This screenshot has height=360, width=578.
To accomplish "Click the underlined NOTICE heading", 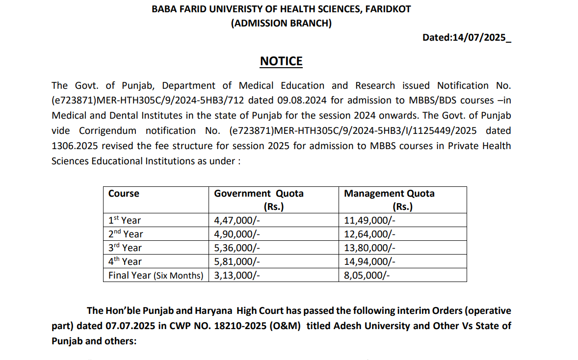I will pos(281,61).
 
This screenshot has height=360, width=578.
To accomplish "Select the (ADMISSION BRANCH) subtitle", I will pos(281,23).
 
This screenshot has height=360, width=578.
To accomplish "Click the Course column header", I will pos(124,194).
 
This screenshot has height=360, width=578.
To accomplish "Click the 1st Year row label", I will pos(125,220).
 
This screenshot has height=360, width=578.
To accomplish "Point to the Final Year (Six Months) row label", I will pos(156,275).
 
